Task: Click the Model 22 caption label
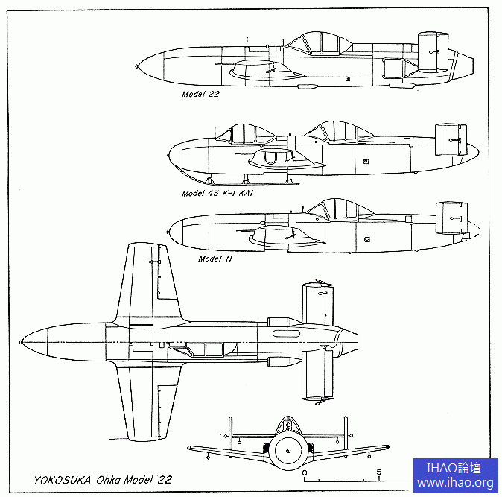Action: click(200, 95)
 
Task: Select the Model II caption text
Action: click(215, 259)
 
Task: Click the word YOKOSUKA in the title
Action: click(61, 479)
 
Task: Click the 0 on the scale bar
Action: click(305, 472)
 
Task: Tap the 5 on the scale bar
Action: click(379, 472)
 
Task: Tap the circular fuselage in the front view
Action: click(287, 451)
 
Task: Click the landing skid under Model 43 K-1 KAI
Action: click(253, 182)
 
